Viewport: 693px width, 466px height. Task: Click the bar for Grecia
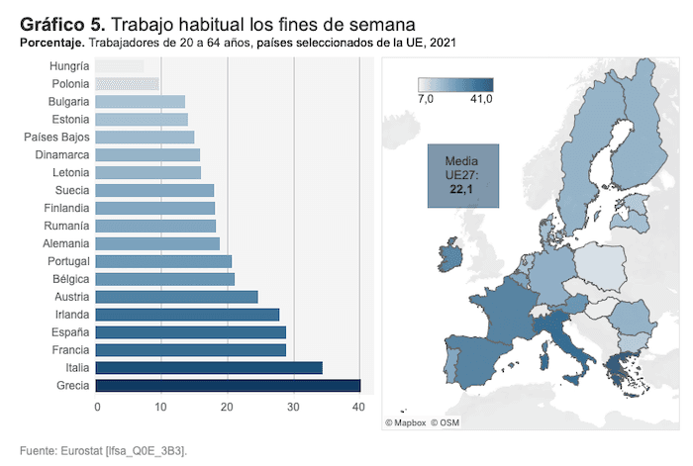point(228,386)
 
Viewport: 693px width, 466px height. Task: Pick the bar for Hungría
point(120,66)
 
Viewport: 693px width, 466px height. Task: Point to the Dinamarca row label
point(61,155)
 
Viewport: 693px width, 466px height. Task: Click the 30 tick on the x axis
point(293,408)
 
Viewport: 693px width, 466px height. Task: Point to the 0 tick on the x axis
point(97,408)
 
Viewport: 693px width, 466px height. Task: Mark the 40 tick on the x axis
point(358,408)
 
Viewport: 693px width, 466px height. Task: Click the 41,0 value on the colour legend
point(481,99)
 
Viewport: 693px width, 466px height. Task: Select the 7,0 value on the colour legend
point(427,99)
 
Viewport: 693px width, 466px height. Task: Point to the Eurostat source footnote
point(103,451)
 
